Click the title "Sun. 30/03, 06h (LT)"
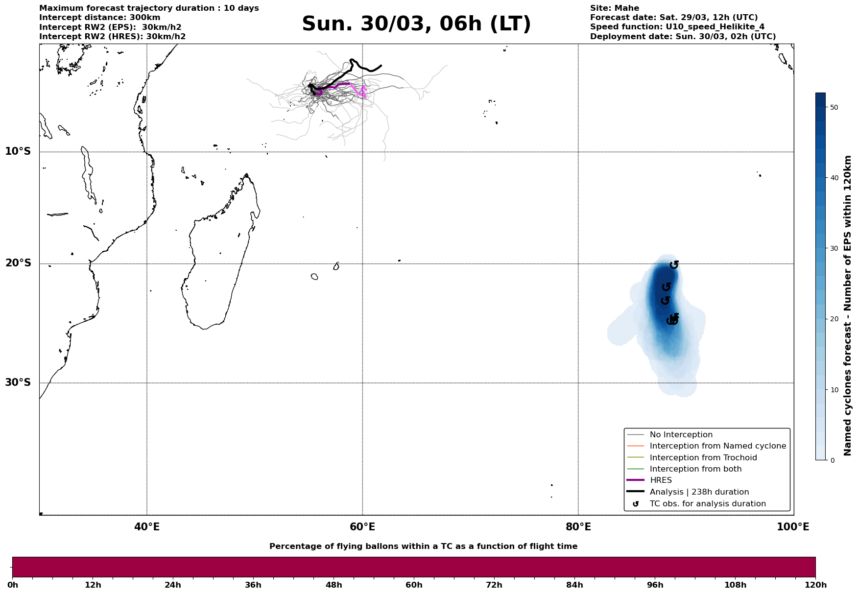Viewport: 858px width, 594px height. pos(416,24)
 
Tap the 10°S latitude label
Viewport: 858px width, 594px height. pos(18,151)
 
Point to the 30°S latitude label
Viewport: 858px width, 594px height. pos(18,382)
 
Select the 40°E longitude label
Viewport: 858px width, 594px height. pos(147,527)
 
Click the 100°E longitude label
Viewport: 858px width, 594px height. pos(793,527)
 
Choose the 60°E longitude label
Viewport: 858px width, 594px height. pos(362,527)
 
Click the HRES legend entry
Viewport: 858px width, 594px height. pos(661,480)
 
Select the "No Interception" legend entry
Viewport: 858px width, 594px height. pos(681,435)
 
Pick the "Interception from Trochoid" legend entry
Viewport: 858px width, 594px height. pos(703,458)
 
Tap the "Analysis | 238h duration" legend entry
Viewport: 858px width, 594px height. pos(699,492)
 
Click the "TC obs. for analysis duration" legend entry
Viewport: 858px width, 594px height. pos(707,504)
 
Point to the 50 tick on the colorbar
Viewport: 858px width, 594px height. pos(834,107)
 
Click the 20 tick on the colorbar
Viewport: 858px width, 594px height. pos(834,319)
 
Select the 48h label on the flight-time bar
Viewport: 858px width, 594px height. pos(334,585)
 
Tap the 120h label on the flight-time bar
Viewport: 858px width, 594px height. pos(815,585)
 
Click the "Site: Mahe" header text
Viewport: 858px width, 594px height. pos(614,8)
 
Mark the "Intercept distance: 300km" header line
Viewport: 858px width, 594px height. pos(99,18)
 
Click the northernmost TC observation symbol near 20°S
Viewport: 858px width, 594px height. pos(674,264)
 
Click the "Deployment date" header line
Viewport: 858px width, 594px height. pos(683,37)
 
